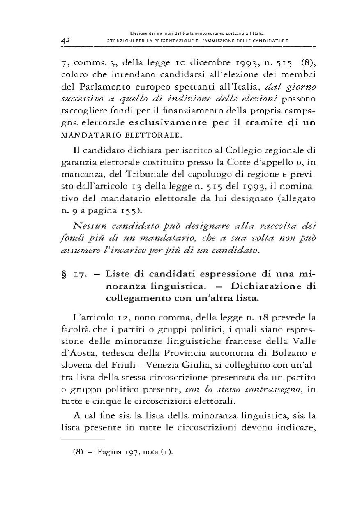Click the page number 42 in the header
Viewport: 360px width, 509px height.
tap(67, 40)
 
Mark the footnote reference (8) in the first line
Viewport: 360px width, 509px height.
tap(308, 63)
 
